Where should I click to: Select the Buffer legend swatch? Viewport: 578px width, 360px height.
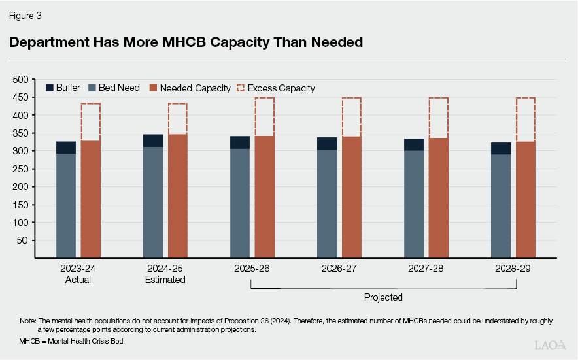49,88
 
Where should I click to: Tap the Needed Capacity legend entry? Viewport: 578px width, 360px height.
189,88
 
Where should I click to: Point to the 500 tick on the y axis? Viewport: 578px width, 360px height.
21,80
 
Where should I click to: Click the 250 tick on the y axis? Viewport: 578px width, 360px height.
21,169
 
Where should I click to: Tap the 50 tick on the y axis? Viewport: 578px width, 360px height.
24,240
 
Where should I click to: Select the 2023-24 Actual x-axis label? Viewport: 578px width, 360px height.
78,274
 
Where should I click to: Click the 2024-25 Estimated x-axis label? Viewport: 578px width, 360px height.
165,274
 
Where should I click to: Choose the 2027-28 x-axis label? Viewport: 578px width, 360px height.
426,269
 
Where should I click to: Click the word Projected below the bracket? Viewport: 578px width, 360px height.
383,297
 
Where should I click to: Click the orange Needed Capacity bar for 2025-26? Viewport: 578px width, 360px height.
264,197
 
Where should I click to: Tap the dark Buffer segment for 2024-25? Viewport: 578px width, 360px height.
154,140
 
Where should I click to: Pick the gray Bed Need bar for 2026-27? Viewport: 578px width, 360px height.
327,204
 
